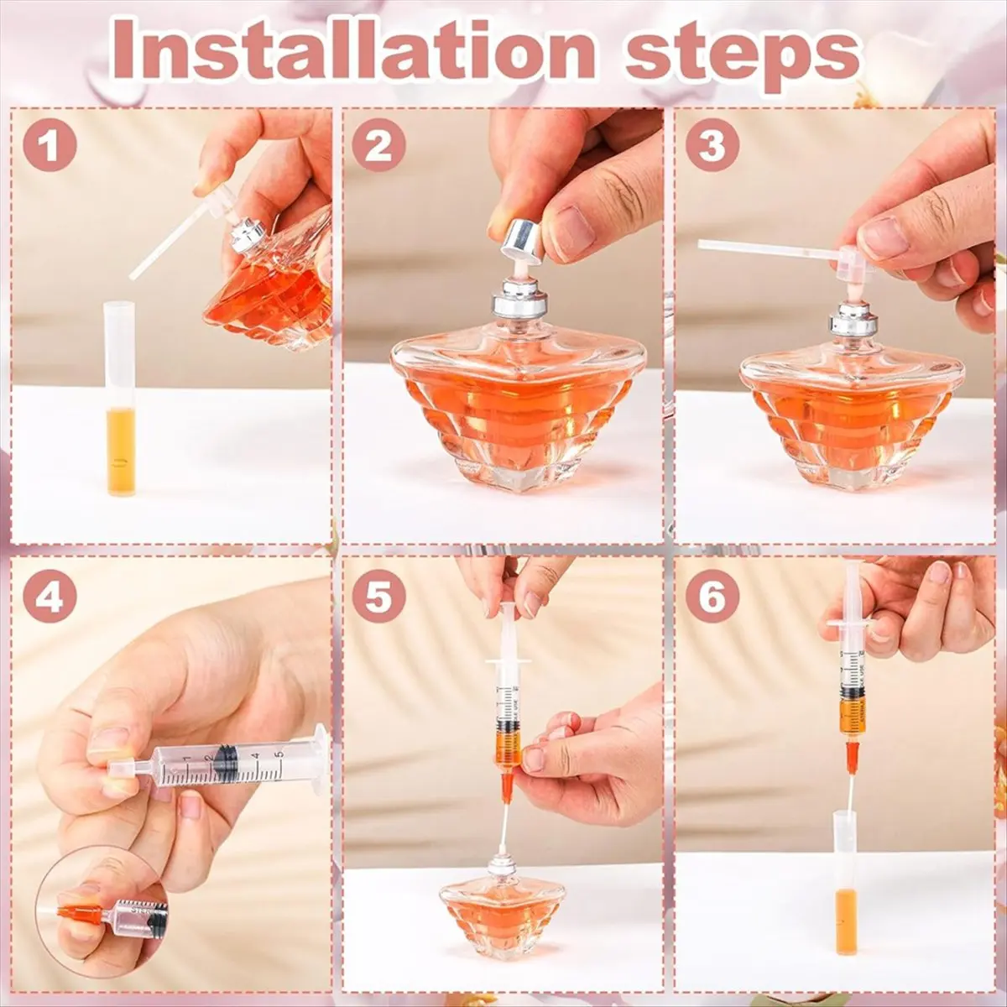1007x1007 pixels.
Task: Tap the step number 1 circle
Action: click(x=50, y=145)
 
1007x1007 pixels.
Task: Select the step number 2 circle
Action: click(x=378, y=145)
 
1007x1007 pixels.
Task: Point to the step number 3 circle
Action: click(x=712, y=145)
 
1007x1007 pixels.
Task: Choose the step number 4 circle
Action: click(x=50, y=597)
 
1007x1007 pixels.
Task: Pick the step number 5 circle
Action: click(x=378, y=597)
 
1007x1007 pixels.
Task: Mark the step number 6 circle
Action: click(x=712, y=597)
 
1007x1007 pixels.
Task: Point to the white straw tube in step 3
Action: click(x=764, y=248)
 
